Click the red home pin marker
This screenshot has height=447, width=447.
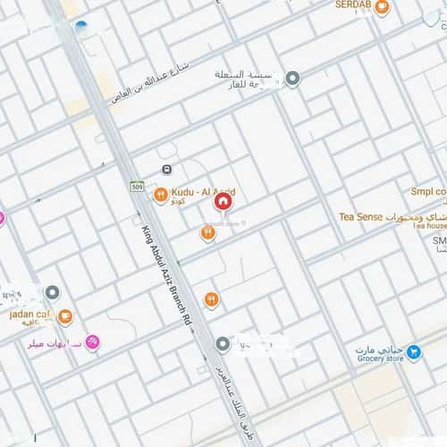(x=223, y=202)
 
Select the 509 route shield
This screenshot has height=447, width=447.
(x=137, y=186)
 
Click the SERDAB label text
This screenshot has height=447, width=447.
(x=352, y=5)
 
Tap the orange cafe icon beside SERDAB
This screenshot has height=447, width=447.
(x=382, y=8)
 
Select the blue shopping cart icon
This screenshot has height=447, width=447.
(x=413, y=352)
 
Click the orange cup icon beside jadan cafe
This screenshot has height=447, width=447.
(x=64, y=316)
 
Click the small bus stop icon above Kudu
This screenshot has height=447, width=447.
(x=166, y=170)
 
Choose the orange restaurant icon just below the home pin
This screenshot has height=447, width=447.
(x=207, y=233)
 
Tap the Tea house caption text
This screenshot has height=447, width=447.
(x=429, y=226)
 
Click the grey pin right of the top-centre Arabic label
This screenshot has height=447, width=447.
(x=292, y=79)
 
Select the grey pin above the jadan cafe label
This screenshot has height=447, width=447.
(x=53, y=292)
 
